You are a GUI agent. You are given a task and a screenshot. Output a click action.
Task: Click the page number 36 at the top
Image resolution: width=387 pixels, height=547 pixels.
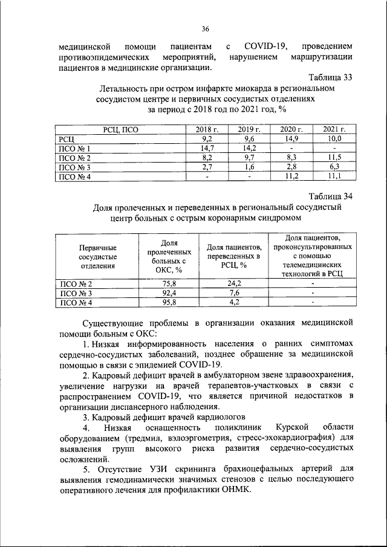pyautogui.click(x=205, y=28)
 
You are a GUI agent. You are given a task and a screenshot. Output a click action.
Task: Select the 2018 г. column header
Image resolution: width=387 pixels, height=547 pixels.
pyautogui.click(x=207, y=130)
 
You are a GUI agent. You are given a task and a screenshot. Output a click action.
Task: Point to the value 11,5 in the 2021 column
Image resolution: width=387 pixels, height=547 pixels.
pyautogui.click(x=334, y=158)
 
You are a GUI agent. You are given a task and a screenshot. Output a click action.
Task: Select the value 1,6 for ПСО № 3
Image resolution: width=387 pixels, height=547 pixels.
pyautogui.click(x=249, y=167)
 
